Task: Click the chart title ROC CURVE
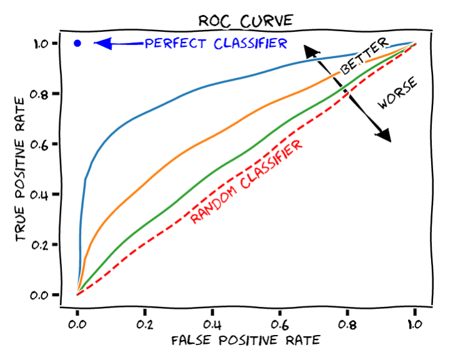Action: coord(245,20)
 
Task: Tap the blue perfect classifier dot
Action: coord(77,43)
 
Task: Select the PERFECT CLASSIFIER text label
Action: coord(216,43)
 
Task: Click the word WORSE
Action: coord(399,94)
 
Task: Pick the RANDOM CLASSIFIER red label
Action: coord(247,182)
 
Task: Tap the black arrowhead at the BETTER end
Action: coord(310,51)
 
